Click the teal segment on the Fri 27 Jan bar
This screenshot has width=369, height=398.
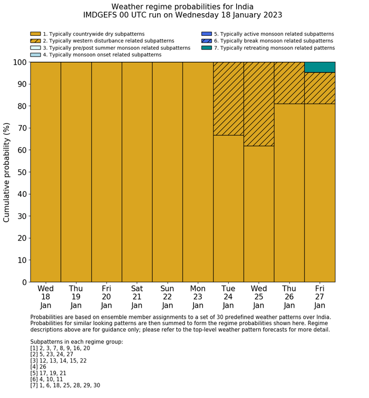click(319, 67)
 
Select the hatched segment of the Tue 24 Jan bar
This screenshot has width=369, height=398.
click(228, 99)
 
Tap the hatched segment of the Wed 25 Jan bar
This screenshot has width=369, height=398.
click(259, 104)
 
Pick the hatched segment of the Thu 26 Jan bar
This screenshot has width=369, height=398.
click(289, 83)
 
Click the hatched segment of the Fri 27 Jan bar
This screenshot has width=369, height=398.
click(319, 88)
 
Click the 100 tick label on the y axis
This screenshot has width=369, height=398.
click(19, 62)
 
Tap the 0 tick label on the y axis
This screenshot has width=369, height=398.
click(24, 282)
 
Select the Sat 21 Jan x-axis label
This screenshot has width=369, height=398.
click(137, 297)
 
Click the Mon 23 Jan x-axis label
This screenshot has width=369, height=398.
click(198, 297)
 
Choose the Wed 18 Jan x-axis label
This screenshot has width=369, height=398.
click(46, 297)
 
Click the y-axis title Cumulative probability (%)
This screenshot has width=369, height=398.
click(7, 172)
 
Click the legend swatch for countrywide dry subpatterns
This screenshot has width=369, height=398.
click(35, 34)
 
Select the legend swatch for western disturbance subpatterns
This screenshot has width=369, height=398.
click(35, 41)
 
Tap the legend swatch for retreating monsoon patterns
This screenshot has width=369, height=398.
click(207, 48)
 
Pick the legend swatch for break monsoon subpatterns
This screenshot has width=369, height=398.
click(207, 41)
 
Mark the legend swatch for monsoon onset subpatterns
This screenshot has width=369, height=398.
click(35, 54)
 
